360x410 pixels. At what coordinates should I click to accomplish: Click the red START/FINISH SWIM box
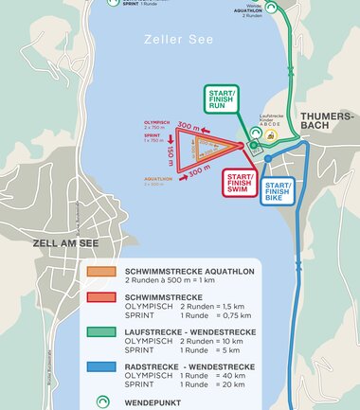[x=243, y=182]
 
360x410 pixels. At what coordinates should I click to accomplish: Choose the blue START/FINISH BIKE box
[x=279, y=191]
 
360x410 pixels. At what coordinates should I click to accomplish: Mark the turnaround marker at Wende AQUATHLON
[x=273, y=7]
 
